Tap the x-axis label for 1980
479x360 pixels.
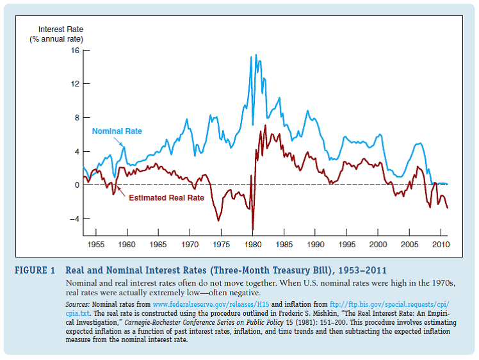pos(252,245)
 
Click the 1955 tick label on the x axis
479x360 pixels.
pos(96,245)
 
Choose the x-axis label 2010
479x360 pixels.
pos(441,245)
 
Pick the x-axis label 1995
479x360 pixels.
pos(346,245)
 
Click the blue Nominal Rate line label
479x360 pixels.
pos(117,131)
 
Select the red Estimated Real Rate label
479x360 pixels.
pos(166,198)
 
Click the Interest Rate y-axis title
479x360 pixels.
pos(60,29)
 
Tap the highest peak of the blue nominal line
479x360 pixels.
pos(251,56)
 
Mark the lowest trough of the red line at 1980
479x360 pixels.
pos(252,229)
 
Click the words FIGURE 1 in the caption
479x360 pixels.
pos(35,270)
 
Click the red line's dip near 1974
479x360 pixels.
pos(218,220)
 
